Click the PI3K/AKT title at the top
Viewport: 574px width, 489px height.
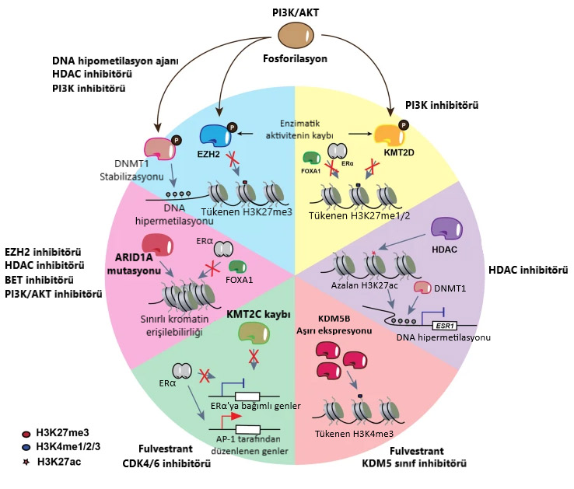click(295, 10)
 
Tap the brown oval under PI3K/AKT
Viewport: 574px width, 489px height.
click(296, 36)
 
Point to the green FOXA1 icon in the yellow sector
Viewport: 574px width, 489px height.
click(312, 159)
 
